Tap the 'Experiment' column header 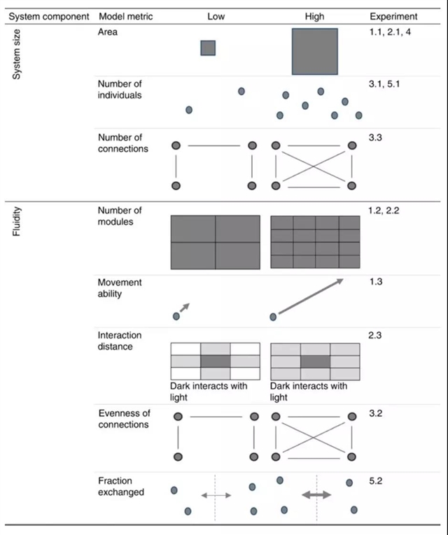point(393,15)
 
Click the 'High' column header point(314,15)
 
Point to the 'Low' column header point(216,15)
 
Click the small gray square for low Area point(208,48)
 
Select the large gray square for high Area point(315,51)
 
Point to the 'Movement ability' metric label point(120,287)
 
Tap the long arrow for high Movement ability point(310,297)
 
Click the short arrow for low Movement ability point(184,308)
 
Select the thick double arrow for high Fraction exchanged point(316,494)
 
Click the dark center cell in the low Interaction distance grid point(215,362)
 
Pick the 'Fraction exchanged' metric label point(121,487)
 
